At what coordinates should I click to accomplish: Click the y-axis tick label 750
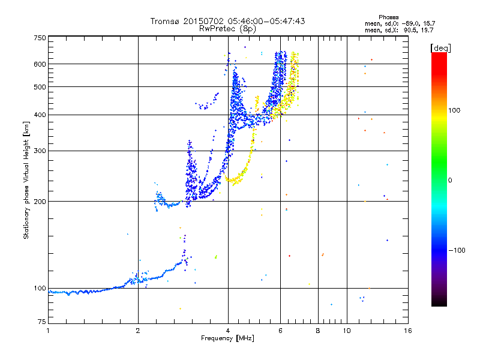click(40, 37)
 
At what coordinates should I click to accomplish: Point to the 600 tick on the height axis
click(40, 64)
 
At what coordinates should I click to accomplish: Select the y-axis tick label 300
click(40, 151)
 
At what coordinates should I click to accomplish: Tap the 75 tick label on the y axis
click(41, 323)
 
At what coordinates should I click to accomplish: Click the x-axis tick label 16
click(407, 331)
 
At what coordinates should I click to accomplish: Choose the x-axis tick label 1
click(48, 331)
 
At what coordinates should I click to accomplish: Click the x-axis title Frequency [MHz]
click(227, 338)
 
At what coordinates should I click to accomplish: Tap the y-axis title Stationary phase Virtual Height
click(26, 180)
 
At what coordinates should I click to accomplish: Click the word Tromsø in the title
click(164, 21)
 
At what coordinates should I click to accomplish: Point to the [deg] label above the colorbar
click(440, 47)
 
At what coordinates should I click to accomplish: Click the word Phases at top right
click(389, 17)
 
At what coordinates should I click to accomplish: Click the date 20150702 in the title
click(200, 21)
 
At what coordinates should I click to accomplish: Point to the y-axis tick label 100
click(40, 288)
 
